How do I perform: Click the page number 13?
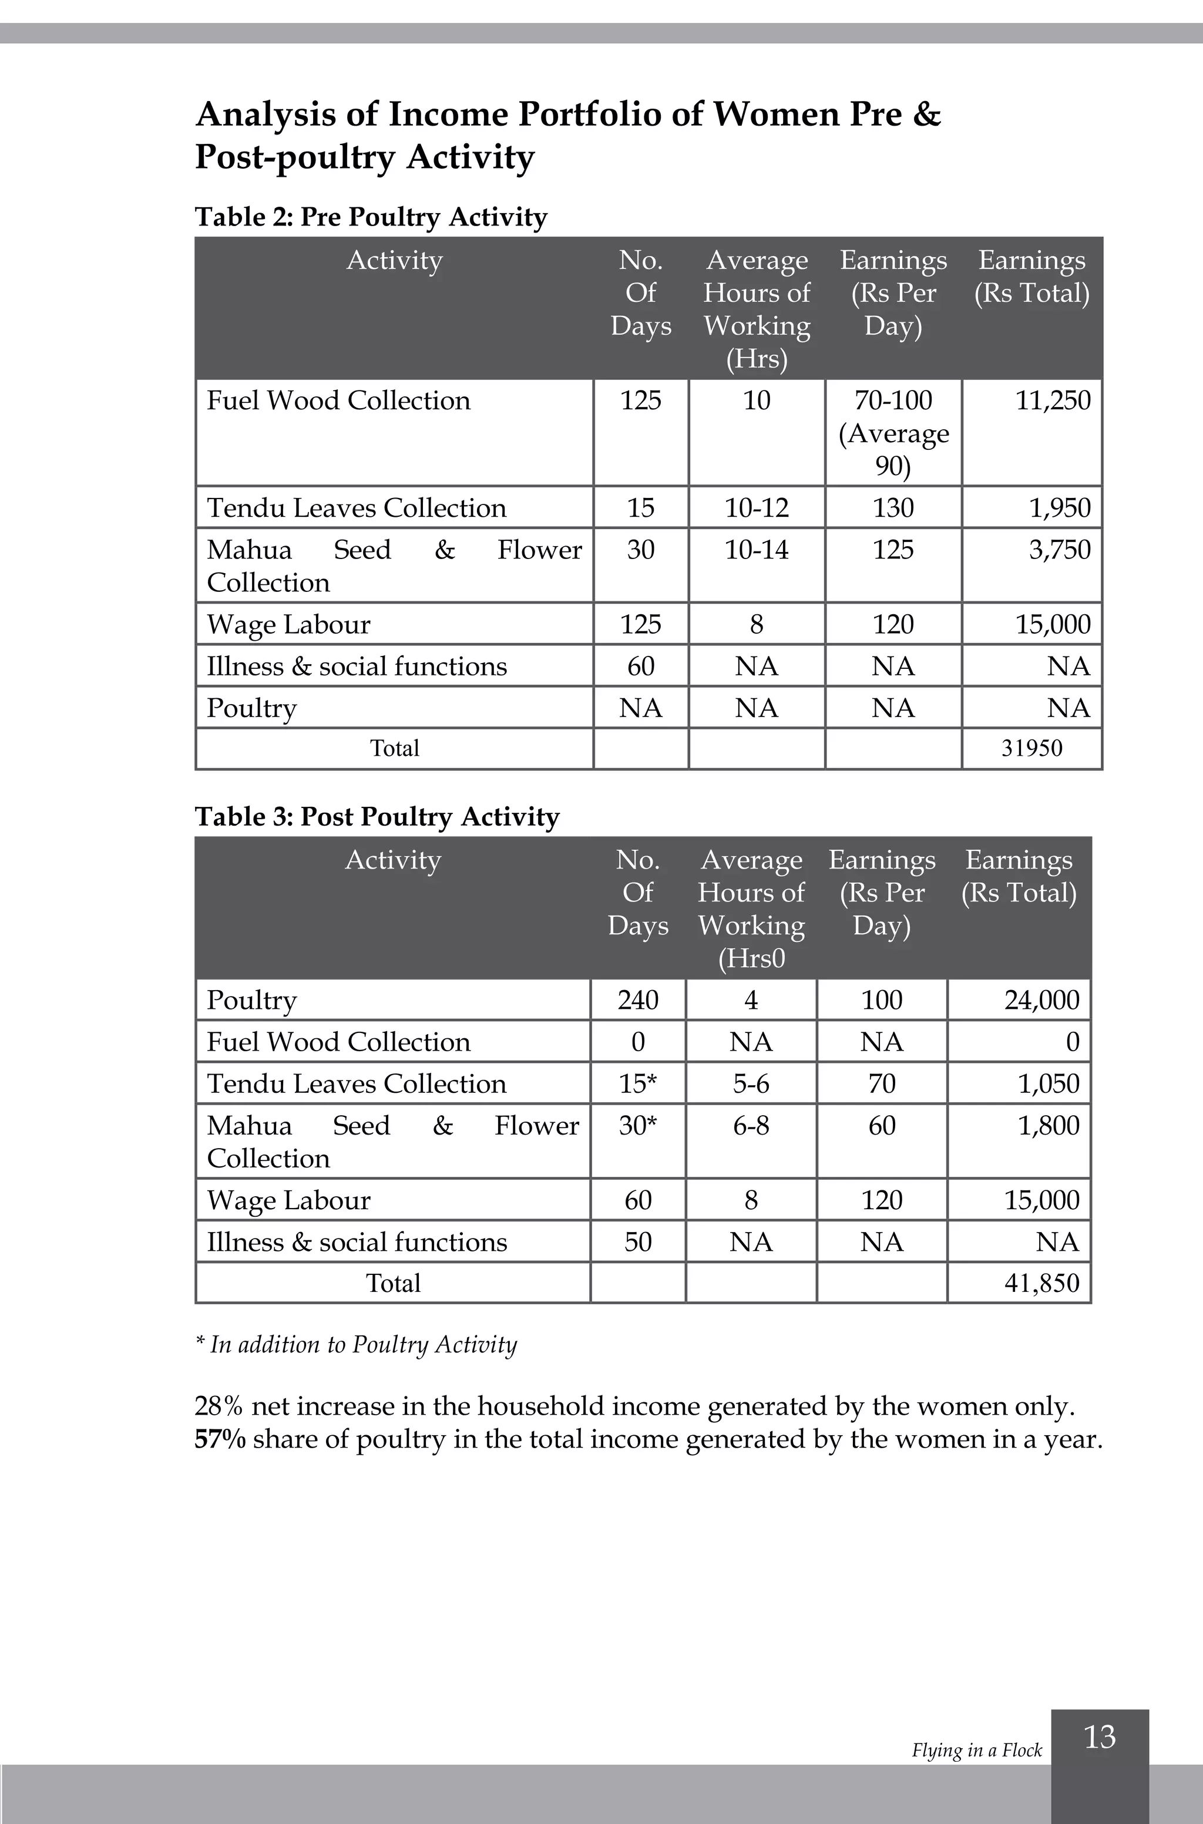point(1100,1736)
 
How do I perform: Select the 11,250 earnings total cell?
point(1053,401)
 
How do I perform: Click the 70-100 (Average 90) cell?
point(893,433)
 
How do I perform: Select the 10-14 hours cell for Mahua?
point(757,550)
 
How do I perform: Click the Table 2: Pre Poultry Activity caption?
point(371,217)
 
